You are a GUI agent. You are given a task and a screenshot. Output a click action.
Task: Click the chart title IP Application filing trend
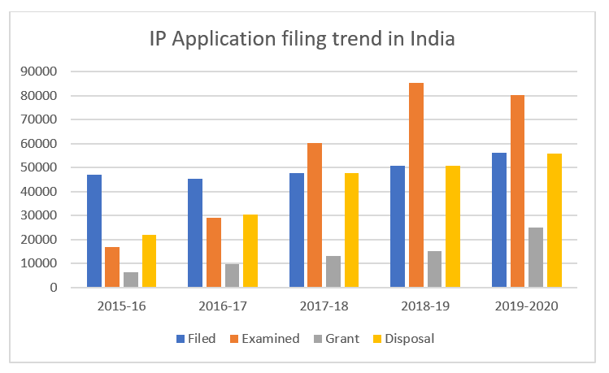pos(301,38)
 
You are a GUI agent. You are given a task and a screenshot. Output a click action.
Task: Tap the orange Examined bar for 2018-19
pos(415,185)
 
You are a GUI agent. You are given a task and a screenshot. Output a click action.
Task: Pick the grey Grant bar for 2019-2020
pos(535,258)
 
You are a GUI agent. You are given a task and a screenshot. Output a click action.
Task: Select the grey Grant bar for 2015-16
pos(131,280)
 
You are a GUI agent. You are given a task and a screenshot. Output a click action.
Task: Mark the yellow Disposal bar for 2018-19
pos(453,227)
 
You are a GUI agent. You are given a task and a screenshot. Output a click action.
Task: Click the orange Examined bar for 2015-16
pos(112,267)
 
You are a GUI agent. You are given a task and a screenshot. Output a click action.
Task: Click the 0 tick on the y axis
pos(52,288)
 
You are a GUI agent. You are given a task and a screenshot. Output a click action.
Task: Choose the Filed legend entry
pos(195,338)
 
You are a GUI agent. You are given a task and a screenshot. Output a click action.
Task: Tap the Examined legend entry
pos(266,338)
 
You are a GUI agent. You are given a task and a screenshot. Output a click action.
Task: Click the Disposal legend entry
pos(404,338)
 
